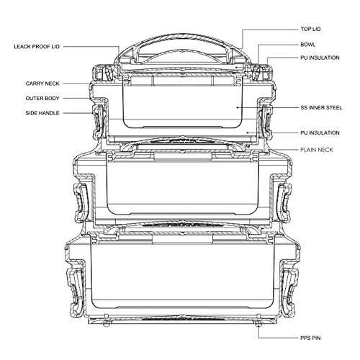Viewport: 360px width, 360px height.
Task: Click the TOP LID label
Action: pyautogui.click(x=310, y=29)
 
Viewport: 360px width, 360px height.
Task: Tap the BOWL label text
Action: pyautogui.click(x=308, y=45)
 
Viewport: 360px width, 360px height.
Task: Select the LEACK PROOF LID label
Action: pyautogui.click(x=37, y=47)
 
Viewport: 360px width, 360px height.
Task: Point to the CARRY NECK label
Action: pyautogui.click(x=42, y=84)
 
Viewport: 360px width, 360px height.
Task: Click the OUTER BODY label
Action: pyautogui.click(x=42, y=98)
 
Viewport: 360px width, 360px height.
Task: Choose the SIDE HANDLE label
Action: pyautogui.click(x=42, y=113)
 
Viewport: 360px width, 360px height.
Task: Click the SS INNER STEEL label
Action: pyautogui.click(x=321, y=107)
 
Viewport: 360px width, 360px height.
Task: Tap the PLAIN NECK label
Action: pyautogui.click(x=317, y=150)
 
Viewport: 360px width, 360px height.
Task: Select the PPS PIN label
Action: pyautogui.click(x=310, y=338)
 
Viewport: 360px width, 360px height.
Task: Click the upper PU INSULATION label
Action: pyautogui.click(x=320, y=58)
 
